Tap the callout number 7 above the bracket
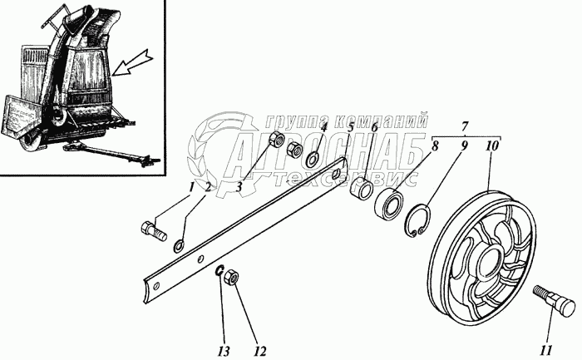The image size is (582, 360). point(466,126)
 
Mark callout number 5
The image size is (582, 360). point(352,128)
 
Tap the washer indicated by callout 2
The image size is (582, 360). point(180,245)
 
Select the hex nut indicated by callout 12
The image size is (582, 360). point(234,278)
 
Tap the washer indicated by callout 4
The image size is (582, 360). point(313,159)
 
